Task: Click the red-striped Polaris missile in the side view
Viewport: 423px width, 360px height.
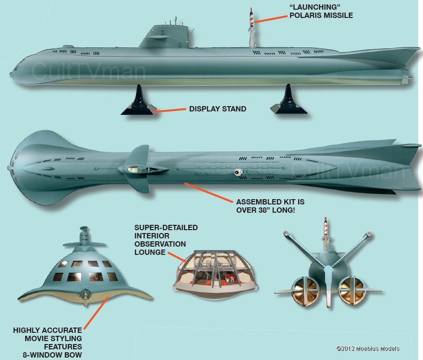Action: pyautogui.click(x=251, y=18)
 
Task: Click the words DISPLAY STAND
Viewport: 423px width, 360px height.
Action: pyautogui.click(x=218, y=109)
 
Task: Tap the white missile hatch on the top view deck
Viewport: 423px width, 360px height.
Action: pyautogui.click(x=238, y=172)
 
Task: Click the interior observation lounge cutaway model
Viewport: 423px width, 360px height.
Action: pyautogui.click(x=215, y=274)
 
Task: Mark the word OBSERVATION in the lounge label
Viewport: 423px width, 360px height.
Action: pyautogui.click(x=160, y=244)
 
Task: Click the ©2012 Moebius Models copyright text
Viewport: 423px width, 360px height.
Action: pyautogui.click(x=368, y=348)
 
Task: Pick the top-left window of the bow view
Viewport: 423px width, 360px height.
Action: pyautogui.click(x=63, y=264)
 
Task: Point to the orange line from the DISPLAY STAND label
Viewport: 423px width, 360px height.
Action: pyautogui.click(x=169, y=110)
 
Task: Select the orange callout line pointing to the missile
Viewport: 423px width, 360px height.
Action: pyautogui.click(x=271, y=19)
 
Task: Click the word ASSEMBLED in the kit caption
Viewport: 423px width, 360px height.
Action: pyautogui.click(x=255, y=202)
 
